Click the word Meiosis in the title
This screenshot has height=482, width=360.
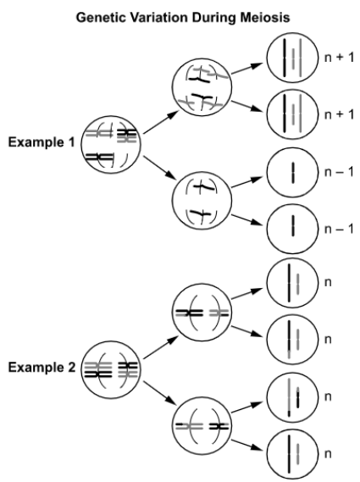click(264, 17)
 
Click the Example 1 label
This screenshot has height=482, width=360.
click(42, 142)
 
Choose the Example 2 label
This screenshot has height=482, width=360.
click(42, 367)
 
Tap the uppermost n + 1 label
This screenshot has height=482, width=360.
click(339, 58)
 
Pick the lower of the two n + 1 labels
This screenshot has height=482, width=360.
click(339, 114)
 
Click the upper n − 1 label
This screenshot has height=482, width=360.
click(339, 172)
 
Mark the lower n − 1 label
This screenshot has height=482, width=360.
click(339, 229)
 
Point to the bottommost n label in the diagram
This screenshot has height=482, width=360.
click(328, 454)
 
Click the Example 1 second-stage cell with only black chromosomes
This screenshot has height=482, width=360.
click(202, 201)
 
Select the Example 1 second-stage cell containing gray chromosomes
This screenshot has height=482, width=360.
click(202, 87)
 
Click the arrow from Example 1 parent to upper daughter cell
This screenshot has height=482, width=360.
click(161, 122)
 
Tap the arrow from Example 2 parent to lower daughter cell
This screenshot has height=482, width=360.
click(161, 392)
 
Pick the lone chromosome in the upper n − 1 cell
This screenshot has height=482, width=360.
click(293, 173)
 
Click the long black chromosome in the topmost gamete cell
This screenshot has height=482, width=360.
click(285, 58)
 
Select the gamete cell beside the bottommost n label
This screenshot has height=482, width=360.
click(292, 454)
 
